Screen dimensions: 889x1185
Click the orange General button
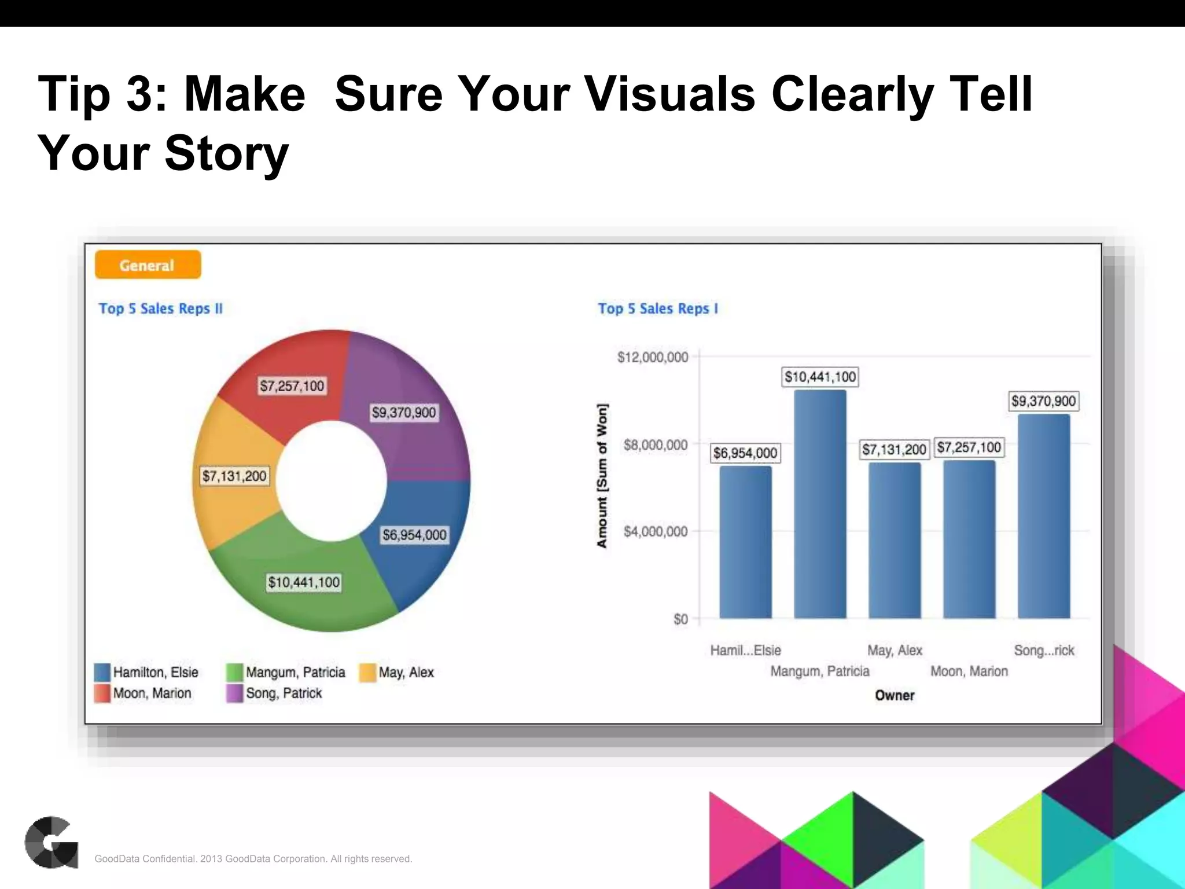pyautogui.click(x=148, y=265)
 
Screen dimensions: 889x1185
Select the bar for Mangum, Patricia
pyautogui.click(x=819, y=504)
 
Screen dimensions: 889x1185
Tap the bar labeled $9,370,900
pyautogui.click(x=1043, y=515)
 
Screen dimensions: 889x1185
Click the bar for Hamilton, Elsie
pyautogui.click(x=745, y=541)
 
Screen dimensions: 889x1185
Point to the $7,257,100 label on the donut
pyautogui.click(x=292, y=386)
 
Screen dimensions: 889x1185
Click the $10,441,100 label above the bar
pyautogui.click(x=820, y=377)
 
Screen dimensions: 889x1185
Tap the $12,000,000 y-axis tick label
pyautogui.click(x=653, y=357)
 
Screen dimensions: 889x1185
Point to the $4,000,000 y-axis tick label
pyautogui.click(x=656, y=531)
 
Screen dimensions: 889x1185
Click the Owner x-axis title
pyautogui.click(x=895, y=695)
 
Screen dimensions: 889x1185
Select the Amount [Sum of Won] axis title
pyautogui.click(x=602, y=476)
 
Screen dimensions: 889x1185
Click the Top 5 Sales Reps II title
pyautogui.click(x=160, y=308)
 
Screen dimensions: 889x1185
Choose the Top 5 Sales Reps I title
pyautogui.click(x=658, y=308)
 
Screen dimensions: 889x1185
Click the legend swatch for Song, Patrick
pyautogui.click(x=234, y=693)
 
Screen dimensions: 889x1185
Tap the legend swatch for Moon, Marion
pyautogui.click(x=102, y=693)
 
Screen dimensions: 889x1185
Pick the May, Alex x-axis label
pyautogui.click(x=895, y=651)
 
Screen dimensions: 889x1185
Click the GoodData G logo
pyautogui.click(x=51, y=842)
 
